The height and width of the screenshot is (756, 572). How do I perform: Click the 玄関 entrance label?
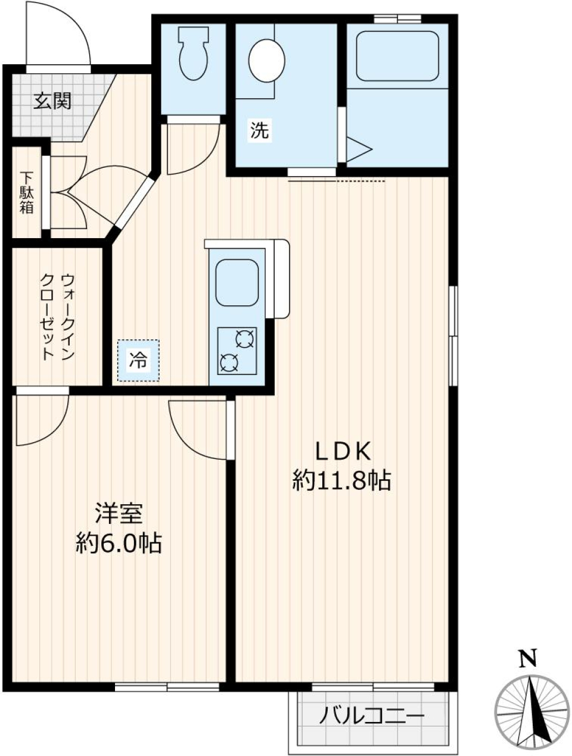[52, 101]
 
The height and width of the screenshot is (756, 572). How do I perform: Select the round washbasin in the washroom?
[266, 60]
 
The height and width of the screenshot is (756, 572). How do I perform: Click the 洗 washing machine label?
[259, 130]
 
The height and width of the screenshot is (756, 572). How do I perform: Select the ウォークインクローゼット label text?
[57, 317]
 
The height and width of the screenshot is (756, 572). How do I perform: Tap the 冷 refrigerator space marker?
[138, 360]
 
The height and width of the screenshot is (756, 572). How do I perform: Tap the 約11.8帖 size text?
[341, 480]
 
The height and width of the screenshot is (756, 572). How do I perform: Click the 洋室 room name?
[119, 514]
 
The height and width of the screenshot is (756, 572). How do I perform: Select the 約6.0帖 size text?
[119, 543]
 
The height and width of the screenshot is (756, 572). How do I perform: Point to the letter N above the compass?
[527, 658]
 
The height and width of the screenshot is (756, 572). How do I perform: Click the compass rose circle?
[532, 711]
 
